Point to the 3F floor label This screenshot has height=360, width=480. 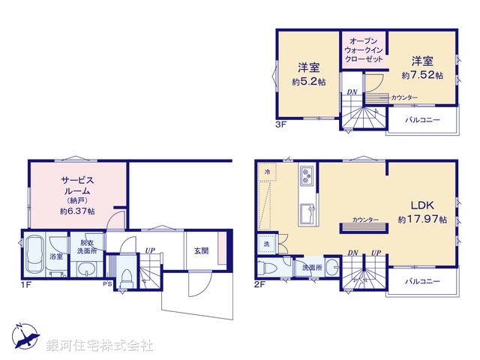pyautogui.click(x=280, y=124)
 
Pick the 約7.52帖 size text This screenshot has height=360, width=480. pyautogui.click(x=422, y=75)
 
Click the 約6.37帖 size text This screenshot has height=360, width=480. pyautogui.click(x=76, y=211)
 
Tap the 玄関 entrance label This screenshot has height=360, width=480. pyautogui.click(x=201, y=251)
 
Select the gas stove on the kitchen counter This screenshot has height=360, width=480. pyautogui.click(x=308, y=177)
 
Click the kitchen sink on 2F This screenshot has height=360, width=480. pyautogui.click(x=308, y=212)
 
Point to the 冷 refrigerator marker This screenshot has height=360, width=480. pyautogui.click(x=268, y=172)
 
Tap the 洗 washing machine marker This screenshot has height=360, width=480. pyautogui.click(x=266, y=244)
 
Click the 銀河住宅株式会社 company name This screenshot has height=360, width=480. pyautogui.click(x=100, y=346)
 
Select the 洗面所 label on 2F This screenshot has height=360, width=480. pyautogui.click(x=312, y=267)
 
